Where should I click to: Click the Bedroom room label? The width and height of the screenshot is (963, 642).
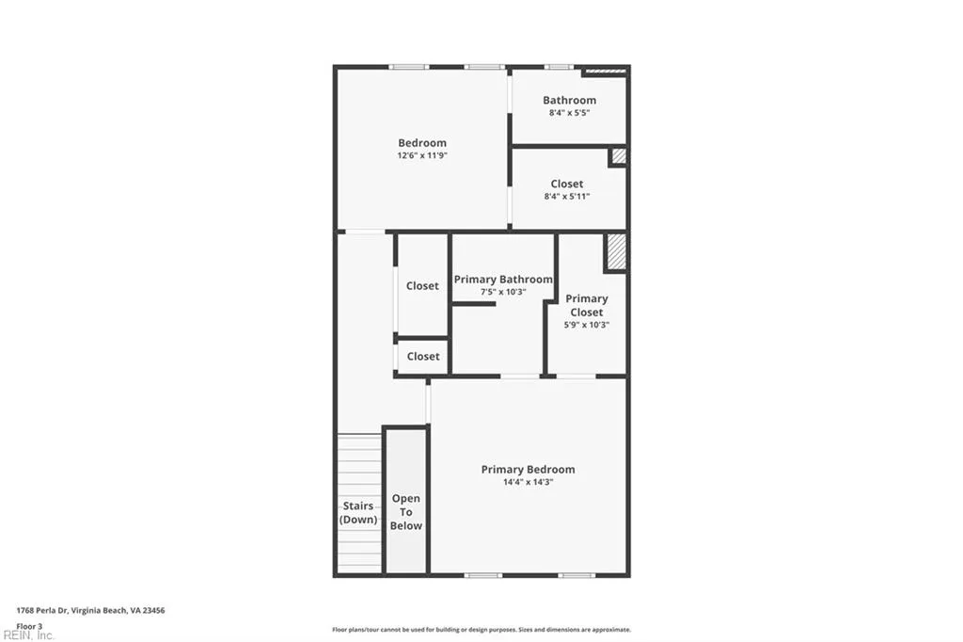coord(422,143)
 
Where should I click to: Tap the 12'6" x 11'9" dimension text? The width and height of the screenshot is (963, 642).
coord(422,155)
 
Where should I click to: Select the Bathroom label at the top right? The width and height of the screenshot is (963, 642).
coord(569,100)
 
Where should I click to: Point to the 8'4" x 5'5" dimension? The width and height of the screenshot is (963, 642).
coord(569,112)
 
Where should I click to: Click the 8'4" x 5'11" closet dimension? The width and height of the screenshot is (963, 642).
coord(567,196)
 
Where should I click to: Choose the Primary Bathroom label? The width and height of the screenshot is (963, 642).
coord(503,280)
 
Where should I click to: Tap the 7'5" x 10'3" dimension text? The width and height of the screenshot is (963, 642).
coord(503,292)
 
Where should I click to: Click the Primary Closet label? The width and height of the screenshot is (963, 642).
coord(587,305)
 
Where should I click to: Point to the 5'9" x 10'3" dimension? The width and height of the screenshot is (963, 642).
coord(587,325)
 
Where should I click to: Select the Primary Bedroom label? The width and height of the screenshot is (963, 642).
coord(528,470)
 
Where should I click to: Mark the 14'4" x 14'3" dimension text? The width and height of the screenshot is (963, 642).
coord(528,482)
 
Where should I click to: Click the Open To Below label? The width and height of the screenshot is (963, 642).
coord(406,512)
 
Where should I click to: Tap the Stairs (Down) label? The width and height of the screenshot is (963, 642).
coord(358,513)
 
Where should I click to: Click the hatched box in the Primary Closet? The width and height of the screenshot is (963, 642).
coord(616,251)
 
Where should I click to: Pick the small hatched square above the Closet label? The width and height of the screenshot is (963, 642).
coord(618,157)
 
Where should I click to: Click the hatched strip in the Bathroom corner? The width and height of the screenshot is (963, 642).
coord(605,71)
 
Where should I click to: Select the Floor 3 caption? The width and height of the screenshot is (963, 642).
coord(30,625)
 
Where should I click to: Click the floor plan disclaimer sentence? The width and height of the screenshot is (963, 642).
coord(481,630)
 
